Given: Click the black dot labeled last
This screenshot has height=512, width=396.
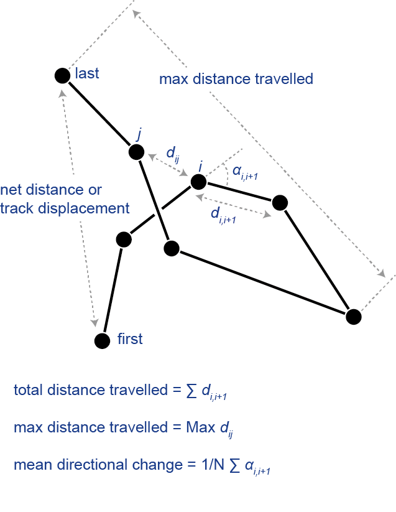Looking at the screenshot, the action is click(62, 76).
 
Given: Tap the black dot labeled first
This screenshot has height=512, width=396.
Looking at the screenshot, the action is click(102, 341).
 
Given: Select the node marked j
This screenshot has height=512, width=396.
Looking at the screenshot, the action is click(136, 152).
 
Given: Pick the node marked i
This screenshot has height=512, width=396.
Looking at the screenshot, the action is click(198, 182).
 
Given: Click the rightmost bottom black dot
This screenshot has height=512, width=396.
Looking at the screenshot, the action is click(354, 317).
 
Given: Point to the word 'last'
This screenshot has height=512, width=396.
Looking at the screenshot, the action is click(87, 73).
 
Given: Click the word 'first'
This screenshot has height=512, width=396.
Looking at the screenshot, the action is click(130, 338).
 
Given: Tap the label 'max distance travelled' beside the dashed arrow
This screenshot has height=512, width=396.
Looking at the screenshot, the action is click(236, 79).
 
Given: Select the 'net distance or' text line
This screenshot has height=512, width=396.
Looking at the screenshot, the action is click(51, 190).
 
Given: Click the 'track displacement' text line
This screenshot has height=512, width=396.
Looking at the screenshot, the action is click(65, 208).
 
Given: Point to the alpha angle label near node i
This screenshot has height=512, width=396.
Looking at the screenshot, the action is click(245, 172).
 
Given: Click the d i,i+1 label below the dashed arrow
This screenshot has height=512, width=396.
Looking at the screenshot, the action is click(223, 215).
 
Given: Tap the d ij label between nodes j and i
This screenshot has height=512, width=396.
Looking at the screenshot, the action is click(173, 154).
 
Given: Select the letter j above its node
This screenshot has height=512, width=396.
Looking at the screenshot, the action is click(139, 134).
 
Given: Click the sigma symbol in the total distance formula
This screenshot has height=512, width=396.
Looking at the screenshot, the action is click(191, 391).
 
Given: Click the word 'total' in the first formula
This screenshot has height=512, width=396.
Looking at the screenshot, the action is click(29, 390).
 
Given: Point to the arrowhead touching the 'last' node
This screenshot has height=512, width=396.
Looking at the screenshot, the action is click(62, 93).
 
